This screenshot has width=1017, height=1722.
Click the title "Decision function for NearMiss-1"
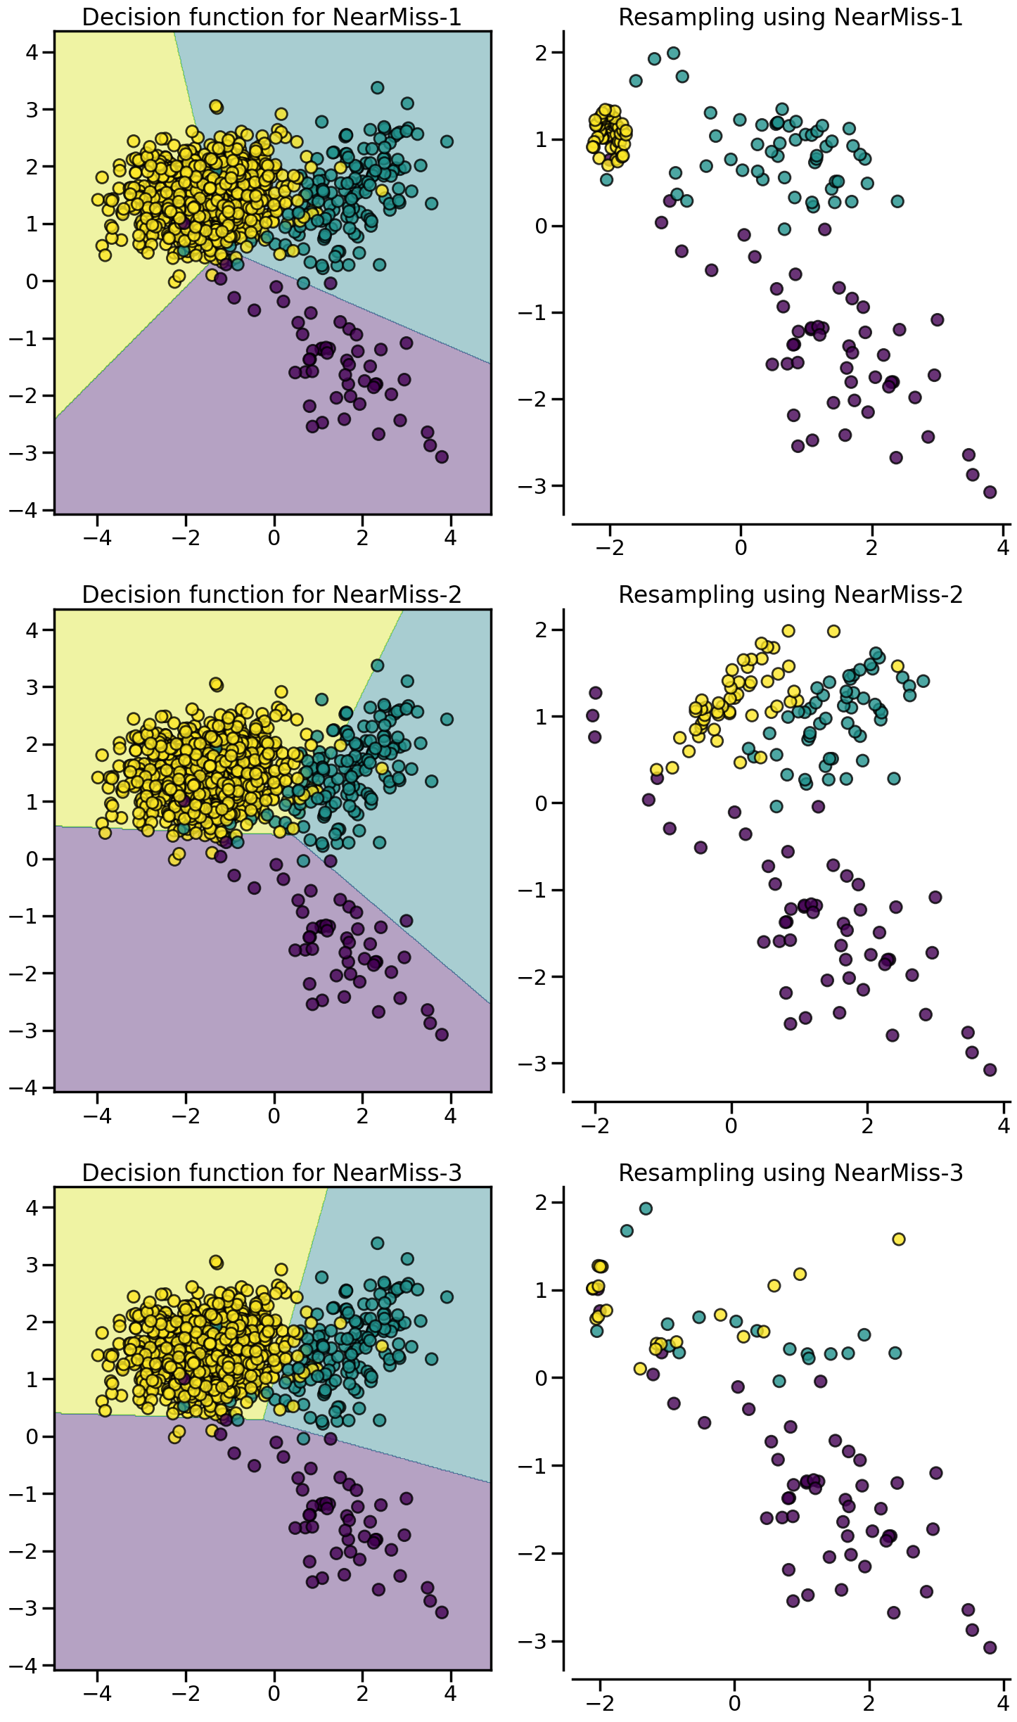[x=271, y=17]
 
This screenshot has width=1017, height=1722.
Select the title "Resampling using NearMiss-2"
[x=790, y=595]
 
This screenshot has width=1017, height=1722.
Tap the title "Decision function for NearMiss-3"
[x=271, y=1173]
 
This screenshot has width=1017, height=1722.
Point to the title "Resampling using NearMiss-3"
[x=790, y=1173]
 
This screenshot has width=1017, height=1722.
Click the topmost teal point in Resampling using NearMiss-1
[x=673, y=53]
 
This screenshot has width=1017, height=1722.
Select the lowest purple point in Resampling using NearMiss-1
[x=990, y=492]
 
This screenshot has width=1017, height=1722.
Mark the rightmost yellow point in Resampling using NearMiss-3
[x=898, y=1239]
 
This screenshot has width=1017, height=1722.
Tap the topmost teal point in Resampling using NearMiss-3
[x=646, y=1208]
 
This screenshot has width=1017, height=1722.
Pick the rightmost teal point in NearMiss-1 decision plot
[x=447, y=141]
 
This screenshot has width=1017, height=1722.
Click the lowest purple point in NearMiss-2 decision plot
[x=442, y=1035]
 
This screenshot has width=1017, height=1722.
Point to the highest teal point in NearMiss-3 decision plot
[x=377, y=1243]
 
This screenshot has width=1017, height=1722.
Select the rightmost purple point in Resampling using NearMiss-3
[x=990, y=1647]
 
